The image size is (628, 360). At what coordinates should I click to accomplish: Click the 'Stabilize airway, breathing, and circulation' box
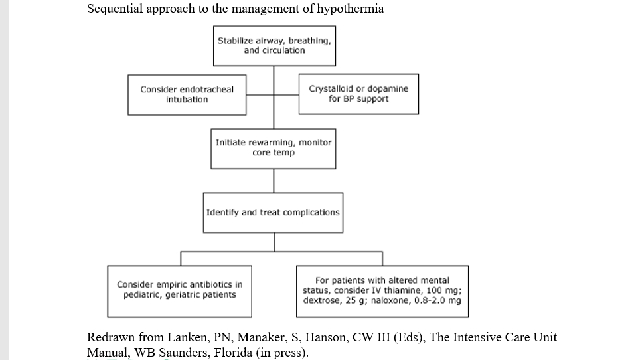pyautogui.click(x=274, y=46)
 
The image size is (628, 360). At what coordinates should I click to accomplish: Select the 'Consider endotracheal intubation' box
pyautogui.click(x=187, y=94)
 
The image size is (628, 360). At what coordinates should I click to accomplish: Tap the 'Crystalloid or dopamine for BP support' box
pyautogui.click(x=358, y=94)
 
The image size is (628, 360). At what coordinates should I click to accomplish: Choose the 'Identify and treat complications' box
pyautogui.click(x=273, y=213)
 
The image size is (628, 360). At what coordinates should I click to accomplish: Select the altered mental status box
pyautogui.click(x=382, y=290)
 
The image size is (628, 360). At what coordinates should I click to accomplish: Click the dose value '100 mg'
pyautogui.click(x=447, y=290)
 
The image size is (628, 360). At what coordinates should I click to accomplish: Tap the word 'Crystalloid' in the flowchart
pyautogui.click(x=332, y=88)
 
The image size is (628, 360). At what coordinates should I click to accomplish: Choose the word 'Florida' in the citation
pyautogui.click(x=230, y=352)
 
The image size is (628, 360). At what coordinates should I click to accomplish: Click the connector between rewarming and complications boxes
pyautogui.click(x=274, y=180)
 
